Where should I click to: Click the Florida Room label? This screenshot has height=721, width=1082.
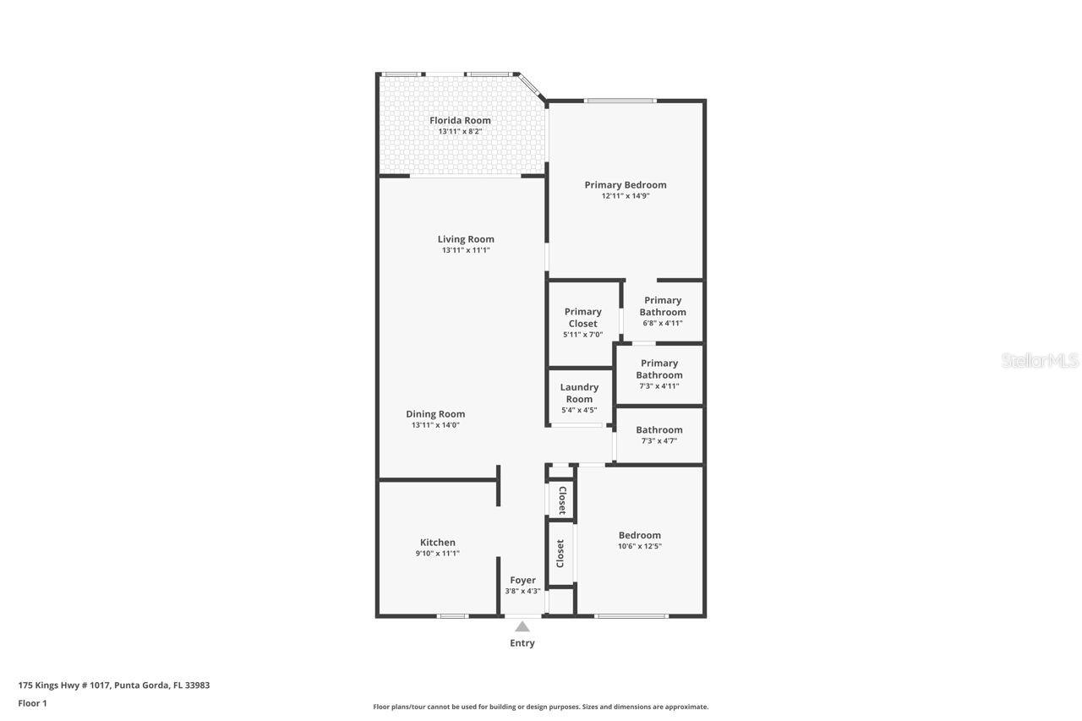(460, 120)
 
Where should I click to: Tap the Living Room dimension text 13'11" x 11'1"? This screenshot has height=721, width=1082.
(466, 250)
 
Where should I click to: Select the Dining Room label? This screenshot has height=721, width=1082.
(435, 414)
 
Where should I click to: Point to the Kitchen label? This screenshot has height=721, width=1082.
(438, 543)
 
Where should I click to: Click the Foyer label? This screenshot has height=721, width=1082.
(522, 580)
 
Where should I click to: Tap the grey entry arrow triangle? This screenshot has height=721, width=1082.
(522, 626)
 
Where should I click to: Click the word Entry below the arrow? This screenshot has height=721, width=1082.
(522, 643)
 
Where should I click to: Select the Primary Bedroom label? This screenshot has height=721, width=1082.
(626, 185)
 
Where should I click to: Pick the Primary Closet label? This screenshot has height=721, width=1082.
(582, 318)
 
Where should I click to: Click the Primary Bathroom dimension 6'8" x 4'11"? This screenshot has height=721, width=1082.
(663, 323)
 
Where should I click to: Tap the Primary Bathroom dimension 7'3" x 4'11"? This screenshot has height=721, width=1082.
(659, 386)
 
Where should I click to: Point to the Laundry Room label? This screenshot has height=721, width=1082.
(579, 393)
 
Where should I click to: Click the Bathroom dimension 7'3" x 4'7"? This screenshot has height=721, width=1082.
(659, 441)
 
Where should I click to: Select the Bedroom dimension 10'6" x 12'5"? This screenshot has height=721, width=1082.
(640, 546)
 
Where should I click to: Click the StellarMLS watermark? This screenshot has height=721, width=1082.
(1040, 361)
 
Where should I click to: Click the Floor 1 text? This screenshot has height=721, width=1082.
(32, 703)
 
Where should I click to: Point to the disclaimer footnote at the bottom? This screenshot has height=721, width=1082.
(541, 707)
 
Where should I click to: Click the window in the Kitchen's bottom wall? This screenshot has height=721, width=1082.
(452, 615)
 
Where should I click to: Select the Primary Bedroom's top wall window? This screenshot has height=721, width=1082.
(621, 101)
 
